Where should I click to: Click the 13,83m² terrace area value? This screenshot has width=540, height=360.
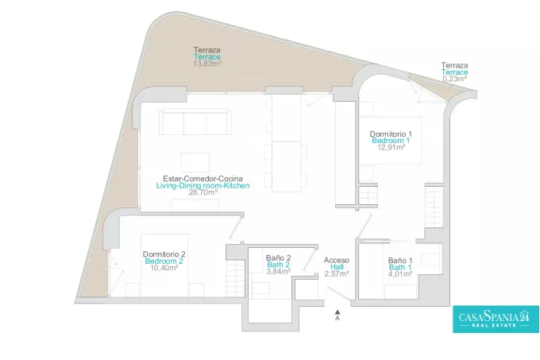207,64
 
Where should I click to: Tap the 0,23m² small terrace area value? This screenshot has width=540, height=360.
454,79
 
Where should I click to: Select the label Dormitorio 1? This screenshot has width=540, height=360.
391,134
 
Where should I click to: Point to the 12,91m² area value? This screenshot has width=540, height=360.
391,148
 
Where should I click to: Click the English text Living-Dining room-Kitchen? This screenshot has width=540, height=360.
202,186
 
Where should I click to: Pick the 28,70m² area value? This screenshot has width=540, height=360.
202,192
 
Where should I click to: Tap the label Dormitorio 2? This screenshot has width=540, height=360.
164,254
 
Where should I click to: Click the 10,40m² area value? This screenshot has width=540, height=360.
164,268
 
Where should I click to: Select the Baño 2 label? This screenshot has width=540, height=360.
279,257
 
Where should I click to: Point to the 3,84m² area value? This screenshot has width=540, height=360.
279,271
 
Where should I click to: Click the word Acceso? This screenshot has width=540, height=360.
337,261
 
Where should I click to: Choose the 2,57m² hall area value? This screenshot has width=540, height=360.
337,274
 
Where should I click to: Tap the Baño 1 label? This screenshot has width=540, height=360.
400,261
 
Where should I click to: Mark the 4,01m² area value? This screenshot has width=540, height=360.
400,274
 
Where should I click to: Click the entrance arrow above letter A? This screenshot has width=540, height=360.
337,312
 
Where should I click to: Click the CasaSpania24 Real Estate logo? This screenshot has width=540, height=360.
496,319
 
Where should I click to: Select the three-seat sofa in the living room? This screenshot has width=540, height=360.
195,122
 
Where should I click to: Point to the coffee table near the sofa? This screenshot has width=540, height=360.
195,162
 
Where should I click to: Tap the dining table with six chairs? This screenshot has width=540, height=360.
286,166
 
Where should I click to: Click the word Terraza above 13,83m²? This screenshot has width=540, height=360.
207,50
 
